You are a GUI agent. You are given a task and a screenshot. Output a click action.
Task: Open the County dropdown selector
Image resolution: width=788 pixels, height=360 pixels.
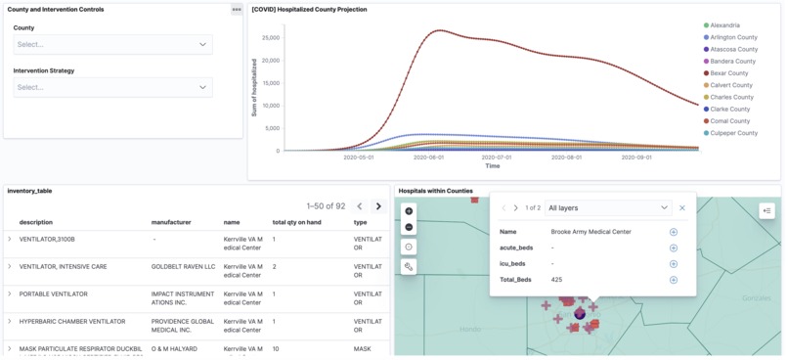[x=112, y=44]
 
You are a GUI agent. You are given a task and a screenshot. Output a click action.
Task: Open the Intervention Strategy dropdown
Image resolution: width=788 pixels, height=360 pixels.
[x=112, y=87]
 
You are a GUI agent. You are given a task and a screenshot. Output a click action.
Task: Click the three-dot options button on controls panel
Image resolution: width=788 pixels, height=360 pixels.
[x=237, y=10]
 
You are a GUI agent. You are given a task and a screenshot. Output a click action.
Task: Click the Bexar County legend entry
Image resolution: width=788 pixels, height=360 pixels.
[x=728, y=73]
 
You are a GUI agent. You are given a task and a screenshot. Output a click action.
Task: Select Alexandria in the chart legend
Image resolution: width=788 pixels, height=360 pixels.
[x=724, y=25]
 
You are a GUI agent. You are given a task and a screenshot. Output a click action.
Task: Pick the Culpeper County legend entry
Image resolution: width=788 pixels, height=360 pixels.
[x=733, y=133]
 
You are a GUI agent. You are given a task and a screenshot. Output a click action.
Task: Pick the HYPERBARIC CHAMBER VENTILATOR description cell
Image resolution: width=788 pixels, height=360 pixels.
[x=72, y=321]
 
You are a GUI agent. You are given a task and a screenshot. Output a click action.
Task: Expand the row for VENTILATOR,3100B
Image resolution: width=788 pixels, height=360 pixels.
[x=10, y=239]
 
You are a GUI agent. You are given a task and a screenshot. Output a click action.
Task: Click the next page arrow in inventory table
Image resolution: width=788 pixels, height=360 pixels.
[x=378, y=206]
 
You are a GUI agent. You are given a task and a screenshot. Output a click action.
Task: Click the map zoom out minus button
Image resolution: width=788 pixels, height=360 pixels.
[x=409, y=227]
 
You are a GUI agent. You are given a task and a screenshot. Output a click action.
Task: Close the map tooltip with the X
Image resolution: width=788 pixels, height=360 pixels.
[x=682, y=208]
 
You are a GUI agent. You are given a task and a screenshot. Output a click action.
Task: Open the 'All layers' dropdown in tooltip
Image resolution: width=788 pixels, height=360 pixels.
[x=608, y=208]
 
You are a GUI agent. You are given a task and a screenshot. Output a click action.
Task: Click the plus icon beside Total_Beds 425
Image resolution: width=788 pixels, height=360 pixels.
[x=674, y=280]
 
